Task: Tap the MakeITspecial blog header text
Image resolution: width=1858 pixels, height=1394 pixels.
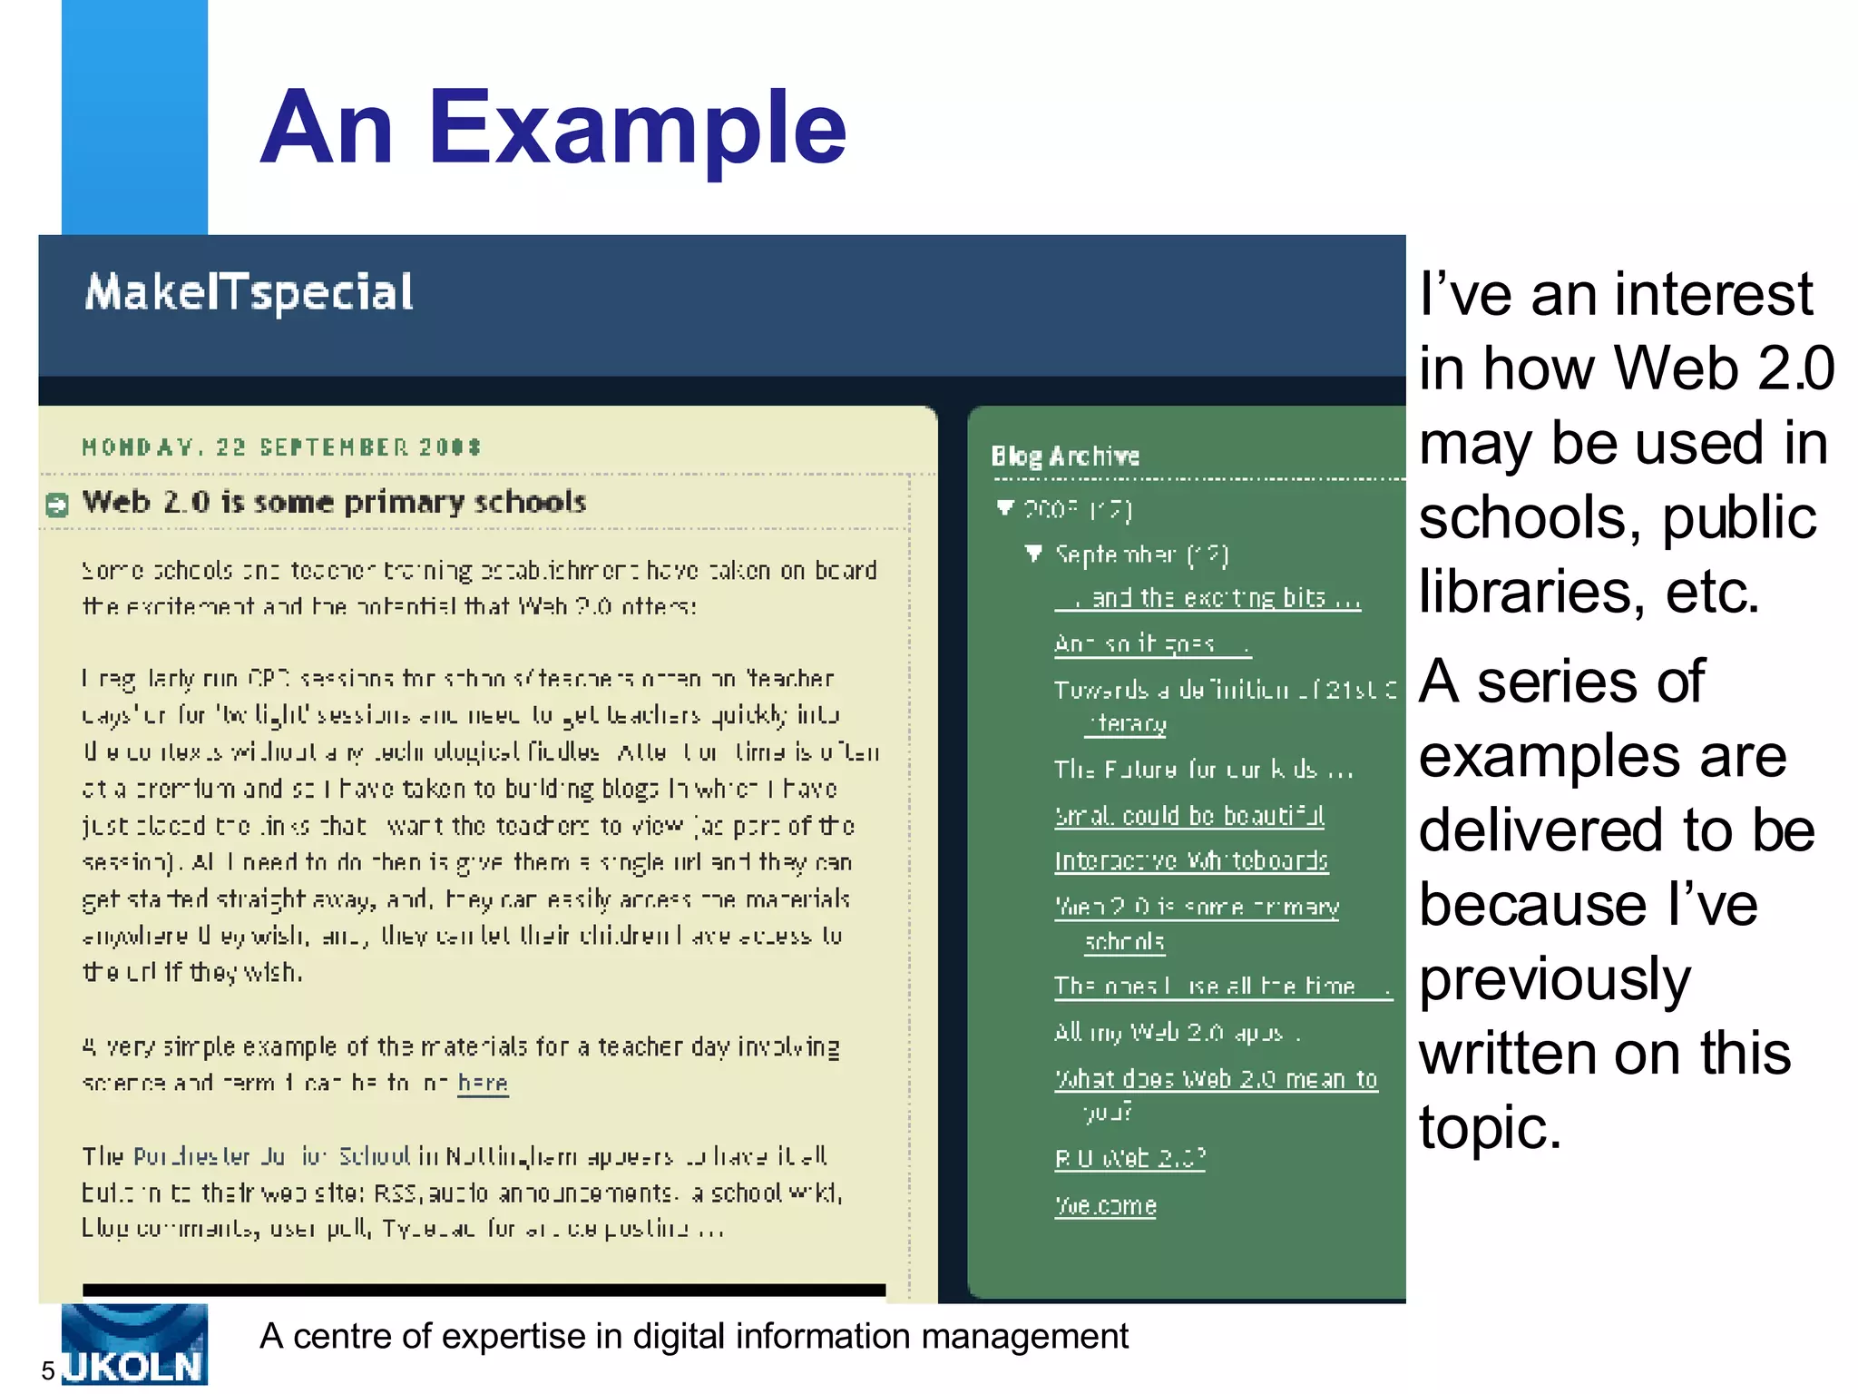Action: pyautogui.click(x=249, y=292)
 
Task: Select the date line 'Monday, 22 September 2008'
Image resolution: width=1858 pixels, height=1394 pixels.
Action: pyautogui.click(x=281, y=447)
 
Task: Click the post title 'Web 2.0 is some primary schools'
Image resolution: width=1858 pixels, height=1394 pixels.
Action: pyautogui.click(x=334, y=502)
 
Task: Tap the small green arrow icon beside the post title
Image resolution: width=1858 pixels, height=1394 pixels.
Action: pyautogui.click(x=57, y=505)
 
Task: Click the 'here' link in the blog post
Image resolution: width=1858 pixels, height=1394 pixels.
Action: pyautogui.click(x=483, y=1083)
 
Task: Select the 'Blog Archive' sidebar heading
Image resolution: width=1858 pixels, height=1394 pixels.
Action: pyautogui.click(x=1065, y=456)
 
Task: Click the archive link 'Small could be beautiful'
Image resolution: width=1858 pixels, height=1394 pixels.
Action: pyautogui.click(x=1188, y=815)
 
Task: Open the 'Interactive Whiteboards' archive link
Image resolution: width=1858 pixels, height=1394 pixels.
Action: pyautogui.click(x=1190, y=860)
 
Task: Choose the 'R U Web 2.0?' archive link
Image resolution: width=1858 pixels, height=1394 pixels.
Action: pyautogui.click(x=1129, y=1158)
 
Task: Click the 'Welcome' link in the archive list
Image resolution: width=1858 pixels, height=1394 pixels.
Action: pyautogui.click(x=1105, y=1205)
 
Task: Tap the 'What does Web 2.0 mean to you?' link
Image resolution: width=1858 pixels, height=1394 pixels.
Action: pyautogui.click(x=1215, y=1079)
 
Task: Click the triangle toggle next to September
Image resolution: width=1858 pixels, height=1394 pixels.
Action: pyautogui.click(x=1033, y=553)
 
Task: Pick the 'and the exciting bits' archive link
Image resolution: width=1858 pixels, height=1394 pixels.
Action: pyautogui.click(x=1216, y=598)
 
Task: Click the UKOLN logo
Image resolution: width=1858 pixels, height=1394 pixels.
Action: pyautogui.click(x=134, y=1345)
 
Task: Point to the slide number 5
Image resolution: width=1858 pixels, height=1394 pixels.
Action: pyautogui.click(x=48, y=1371)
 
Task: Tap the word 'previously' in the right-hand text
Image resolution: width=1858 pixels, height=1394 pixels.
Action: pyautogui.click(x=1555, y=979)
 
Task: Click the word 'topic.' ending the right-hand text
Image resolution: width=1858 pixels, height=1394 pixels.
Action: pyautogui.click(x=1490, y=1128)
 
